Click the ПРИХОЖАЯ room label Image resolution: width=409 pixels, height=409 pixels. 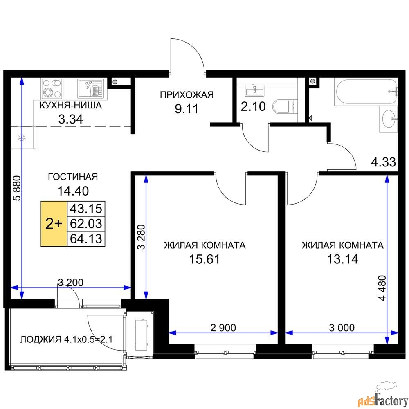187,95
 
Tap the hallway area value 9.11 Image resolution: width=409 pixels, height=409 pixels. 187,109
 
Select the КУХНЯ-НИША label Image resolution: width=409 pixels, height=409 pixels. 71,106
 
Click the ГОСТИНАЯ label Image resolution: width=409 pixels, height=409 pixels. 73,177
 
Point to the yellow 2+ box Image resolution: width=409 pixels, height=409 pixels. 54,224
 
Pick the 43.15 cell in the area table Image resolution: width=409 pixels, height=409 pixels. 86,209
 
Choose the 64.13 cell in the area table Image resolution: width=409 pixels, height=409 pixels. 86,239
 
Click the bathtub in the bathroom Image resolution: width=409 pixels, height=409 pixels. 366,92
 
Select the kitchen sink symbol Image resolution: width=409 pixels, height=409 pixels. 90,88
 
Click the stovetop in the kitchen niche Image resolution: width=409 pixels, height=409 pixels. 52,88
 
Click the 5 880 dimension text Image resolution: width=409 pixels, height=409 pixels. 17,188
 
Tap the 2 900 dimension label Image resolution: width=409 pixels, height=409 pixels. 223,328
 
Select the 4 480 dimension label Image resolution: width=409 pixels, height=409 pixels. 382,288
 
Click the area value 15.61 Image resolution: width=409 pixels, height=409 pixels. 204,259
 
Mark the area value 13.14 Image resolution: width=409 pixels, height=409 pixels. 343,259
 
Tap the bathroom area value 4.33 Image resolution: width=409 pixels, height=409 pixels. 384,162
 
